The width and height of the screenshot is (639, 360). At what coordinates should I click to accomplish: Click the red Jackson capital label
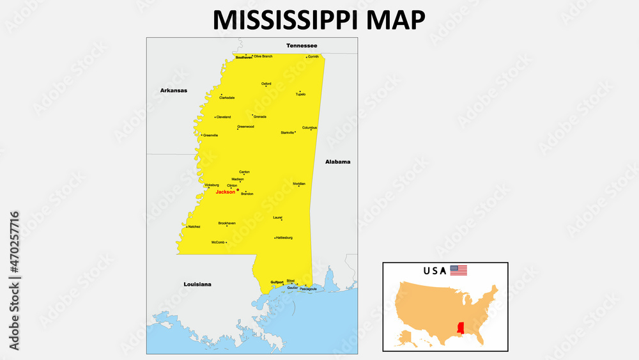226,192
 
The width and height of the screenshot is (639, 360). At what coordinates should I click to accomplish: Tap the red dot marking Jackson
238,190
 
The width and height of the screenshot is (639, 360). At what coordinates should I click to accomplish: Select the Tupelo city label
300,95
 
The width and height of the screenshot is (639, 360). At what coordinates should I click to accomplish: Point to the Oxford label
266,84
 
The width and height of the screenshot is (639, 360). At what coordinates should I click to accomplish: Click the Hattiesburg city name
284,238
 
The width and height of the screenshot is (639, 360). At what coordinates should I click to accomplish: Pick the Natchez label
194,226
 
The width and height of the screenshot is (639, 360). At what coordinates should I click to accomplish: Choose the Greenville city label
211,136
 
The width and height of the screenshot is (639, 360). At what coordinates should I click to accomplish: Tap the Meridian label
299,184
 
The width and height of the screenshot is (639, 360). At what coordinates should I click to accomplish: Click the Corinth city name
313,57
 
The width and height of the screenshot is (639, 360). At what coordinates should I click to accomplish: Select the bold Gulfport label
277,282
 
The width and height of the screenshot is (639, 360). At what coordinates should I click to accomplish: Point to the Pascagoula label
308,289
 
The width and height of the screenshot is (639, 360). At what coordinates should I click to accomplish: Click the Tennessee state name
302,45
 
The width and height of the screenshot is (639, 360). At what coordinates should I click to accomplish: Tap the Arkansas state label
174,91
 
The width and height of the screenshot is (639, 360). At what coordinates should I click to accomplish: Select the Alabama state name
337,162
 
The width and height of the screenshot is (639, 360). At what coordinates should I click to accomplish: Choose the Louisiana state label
197,284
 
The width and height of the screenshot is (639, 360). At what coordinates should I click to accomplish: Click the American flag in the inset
459,270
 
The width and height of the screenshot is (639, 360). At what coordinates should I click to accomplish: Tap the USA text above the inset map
435,270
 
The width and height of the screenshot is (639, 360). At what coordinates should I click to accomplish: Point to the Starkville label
288,132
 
